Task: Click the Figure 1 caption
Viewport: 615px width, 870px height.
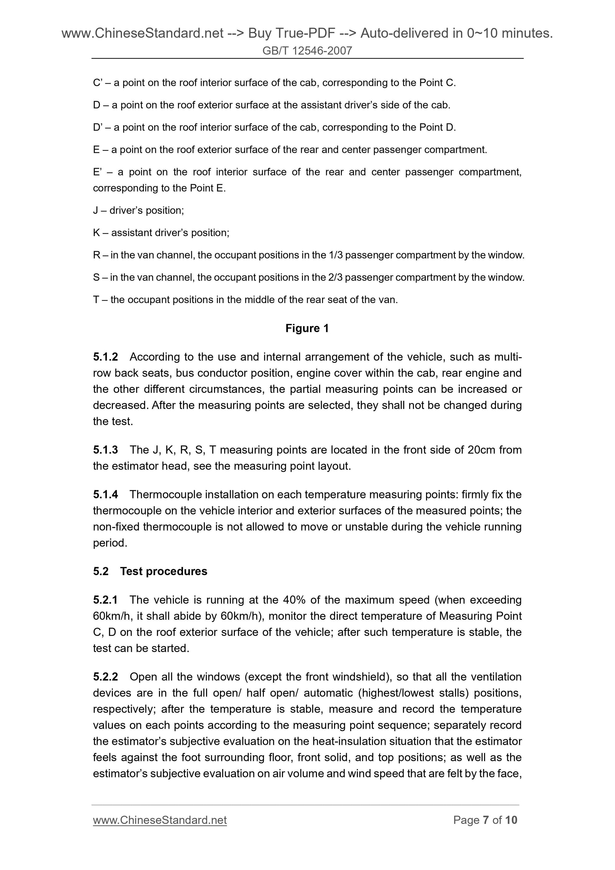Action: [307, 328]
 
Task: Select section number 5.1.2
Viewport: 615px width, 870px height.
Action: [105, 357]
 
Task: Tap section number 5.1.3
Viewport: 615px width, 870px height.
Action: [105, 450]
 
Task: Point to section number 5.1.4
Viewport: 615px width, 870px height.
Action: [105, 495]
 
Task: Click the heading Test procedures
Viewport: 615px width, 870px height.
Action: [163, 571]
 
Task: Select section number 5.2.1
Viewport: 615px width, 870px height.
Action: [105, 600]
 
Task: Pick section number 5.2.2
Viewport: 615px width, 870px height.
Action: [105, 677]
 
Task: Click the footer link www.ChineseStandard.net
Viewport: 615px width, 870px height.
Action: [160, 820]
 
